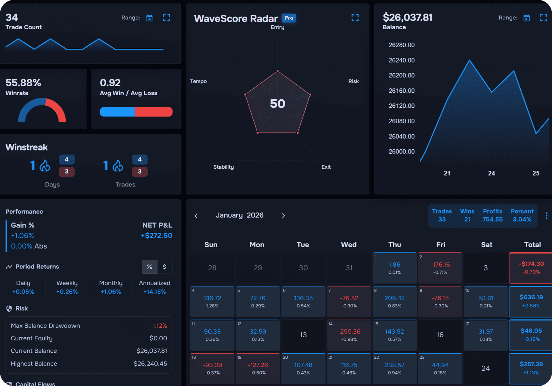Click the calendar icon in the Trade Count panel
tap(149, 18)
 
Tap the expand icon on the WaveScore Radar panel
tap(355, 18)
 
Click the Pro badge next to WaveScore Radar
tap(289, 18)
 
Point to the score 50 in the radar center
tap(277, 104)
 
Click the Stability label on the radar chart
tap(223, 167)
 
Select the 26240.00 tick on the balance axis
tap(401, 60)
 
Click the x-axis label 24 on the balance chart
tap(491, 173)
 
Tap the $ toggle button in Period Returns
tap(164, 267)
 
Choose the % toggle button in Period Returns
tap(149, 267)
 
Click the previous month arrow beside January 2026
tap(196, 216)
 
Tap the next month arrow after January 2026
tap(283, 216)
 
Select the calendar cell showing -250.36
tap(349, 335)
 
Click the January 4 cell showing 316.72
tap(212, 301)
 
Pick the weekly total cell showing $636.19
tap(531, 301)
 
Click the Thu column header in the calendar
tap(394, 245)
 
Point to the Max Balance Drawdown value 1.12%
tap(160, 326)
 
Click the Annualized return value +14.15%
tap(154, 292)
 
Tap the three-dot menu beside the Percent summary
tap(546, 216)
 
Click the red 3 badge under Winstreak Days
tap(66, 172)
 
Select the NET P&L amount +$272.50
tap(156, 235)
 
